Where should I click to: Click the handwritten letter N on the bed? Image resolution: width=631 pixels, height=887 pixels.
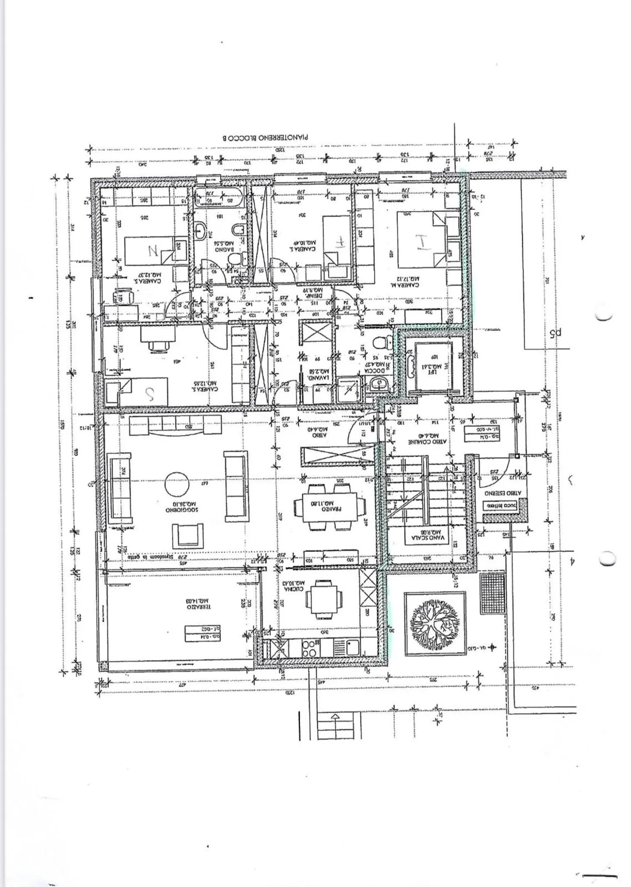coord(153,251)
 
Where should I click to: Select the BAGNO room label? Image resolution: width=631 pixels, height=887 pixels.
coord(223,246)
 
